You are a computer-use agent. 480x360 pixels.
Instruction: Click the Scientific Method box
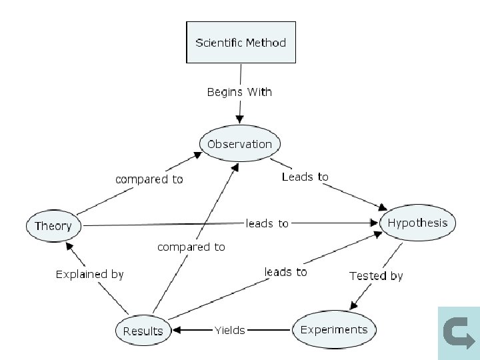coord(240,43)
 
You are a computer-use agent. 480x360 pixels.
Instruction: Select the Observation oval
coord(239,144)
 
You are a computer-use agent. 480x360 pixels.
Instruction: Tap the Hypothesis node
coord(417,223)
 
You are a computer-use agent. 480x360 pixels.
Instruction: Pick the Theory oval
coord(53,225)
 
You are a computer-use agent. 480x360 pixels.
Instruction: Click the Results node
coord(143,331)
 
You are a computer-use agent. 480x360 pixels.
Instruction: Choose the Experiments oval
coord(333,329)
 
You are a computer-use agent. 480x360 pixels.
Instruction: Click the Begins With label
coord(239,92)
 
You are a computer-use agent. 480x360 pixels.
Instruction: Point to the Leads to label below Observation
coord(305,177)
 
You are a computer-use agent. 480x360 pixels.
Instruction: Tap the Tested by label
coord(376,275)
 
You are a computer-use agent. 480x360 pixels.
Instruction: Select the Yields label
coord(229,330)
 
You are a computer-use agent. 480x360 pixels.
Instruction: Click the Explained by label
coord(89,274)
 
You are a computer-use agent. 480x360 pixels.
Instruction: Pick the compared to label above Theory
coord(149,179)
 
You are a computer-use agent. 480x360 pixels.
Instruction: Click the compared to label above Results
coord(191,247)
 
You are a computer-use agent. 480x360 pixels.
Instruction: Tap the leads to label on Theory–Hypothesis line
coord(267,223)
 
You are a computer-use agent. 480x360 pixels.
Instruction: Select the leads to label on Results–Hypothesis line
coord(285,271)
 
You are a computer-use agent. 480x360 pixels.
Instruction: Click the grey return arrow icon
coord(458,333)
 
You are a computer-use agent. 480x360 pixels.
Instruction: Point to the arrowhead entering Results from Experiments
coord(178,330)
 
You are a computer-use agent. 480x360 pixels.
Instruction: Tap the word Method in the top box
coord(265,43)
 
